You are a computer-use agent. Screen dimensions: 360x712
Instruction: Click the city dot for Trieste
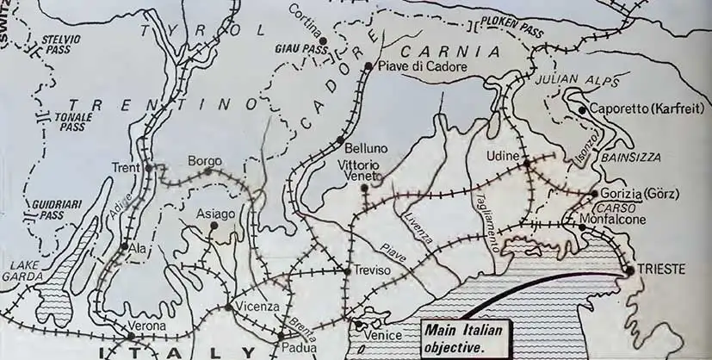click(629, 270)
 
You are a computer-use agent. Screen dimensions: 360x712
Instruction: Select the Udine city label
click(504, 154)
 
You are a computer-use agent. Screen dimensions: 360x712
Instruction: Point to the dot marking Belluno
click(342, 140)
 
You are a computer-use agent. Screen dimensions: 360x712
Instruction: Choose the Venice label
click(384, 334)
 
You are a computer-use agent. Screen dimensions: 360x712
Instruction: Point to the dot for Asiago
click(212, 227)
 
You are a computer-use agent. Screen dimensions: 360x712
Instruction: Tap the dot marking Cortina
click(323, 40)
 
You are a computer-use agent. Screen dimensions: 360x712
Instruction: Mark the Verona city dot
click(108, 335)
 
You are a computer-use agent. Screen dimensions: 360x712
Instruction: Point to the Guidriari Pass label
click(51, 209)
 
